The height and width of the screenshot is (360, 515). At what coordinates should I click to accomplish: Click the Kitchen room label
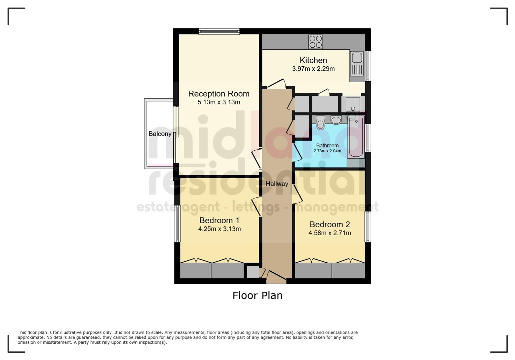tap(313, 60)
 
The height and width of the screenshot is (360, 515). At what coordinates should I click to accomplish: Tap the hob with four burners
tap(316, 42)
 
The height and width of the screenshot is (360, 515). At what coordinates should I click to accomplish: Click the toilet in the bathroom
tap(321, 123)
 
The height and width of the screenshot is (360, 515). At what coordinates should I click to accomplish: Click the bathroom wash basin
tap(336, 120)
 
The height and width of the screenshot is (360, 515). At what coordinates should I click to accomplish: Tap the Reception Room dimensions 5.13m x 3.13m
tap(219, 102)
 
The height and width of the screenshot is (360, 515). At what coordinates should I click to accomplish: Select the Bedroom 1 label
tap(219, 220)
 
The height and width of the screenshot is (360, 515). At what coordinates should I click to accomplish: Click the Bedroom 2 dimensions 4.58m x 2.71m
tap(330, 233)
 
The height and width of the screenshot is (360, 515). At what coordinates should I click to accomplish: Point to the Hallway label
tap(277, 184)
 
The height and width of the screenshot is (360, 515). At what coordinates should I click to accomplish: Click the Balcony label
tap(160, 134)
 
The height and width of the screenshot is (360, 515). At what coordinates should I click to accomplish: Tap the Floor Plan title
tap(257, 295)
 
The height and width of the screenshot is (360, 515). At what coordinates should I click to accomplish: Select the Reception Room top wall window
tap(219, 32)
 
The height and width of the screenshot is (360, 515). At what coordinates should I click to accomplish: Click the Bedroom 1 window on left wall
tap(177, 223)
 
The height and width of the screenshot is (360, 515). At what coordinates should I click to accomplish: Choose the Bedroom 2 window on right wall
tap(368, 226)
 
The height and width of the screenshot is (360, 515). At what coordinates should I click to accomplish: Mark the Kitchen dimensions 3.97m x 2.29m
tap(313, 69)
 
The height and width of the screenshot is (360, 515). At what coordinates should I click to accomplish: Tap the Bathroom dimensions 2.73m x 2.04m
tap(327, 151)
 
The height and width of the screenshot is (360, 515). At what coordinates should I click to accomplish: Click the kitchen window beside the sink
tap(368, 66)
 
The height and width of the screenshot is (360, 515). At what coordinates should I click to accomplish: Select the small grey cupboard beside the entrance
tap(252, 272)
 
